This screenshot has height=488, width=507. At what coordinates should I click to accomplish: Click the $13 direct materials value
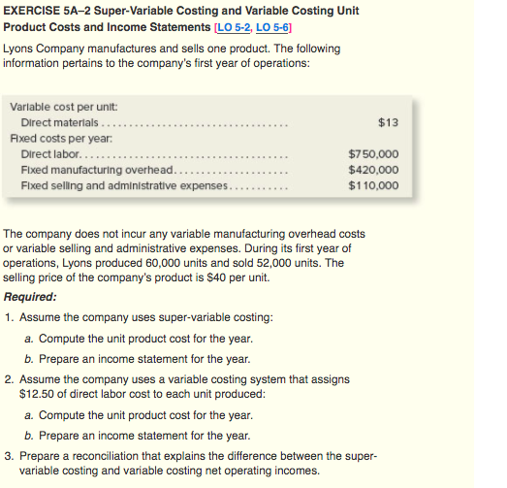[x=386, y=122]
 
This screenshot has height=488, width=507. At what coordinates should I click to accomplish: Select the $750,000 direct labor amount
[x=372, y=154]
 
